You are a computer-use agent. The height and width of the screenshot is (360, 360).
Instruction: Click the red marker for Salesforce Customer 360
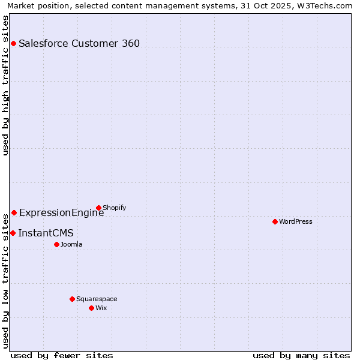tap(13, 43)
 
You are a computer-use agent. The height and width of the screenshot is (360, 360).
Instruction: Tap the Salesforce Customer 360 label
tap(79, 43)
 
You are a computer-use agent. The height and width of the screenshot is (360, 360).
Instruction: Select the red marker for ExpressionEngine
tap(14, 212)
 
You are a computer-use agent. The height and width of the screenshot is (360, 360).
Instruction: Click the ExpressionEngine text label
tap(61, 212)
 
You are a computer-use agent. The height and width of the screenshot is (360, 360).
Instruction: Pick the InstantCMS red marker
tap(13, 233)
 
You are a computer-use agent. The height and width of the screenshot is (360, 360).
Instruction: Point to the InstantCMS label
tap(46, 233)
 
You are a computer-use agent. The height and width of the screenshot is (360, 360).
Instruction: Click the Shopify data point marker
tap(98, 208)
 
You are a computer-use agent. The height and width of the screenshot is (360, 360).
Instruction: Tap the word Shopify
tap(114, 208)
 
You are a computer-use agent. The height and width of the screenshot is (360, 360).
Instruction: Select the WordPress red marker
tap(275, 221)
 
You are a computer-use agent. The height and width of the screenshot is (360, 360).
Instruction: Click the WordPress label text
tap(295, 221)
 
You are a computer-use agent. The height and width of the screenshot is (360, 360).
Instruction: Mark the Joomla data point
tap(56, 244)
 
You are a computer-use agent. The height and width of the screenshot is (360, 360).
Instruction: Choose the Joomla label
tap(71, 244)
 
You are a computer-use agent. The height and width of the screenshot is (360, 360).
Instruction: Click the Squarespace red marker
tap(72, 299)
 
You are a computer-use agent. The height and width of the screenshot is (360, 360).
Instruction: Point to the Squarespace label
tap(97, 299)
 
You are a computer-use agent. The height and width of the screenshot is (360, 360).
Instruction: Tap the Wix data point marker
tap(91, 308)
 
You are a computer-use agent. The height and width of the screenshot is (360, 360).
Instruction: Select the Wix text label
tap(101, 308)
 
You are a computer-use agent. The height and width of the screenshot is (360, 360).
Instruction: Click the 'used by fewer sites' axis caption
tap(62, 355)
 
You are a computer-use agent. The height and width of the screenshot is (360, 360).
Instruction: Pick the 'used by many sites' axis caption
tap(301, 355)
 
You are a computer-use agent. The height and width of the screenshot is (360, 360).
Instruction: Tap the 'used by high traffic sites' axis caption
tap(5, 85)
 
